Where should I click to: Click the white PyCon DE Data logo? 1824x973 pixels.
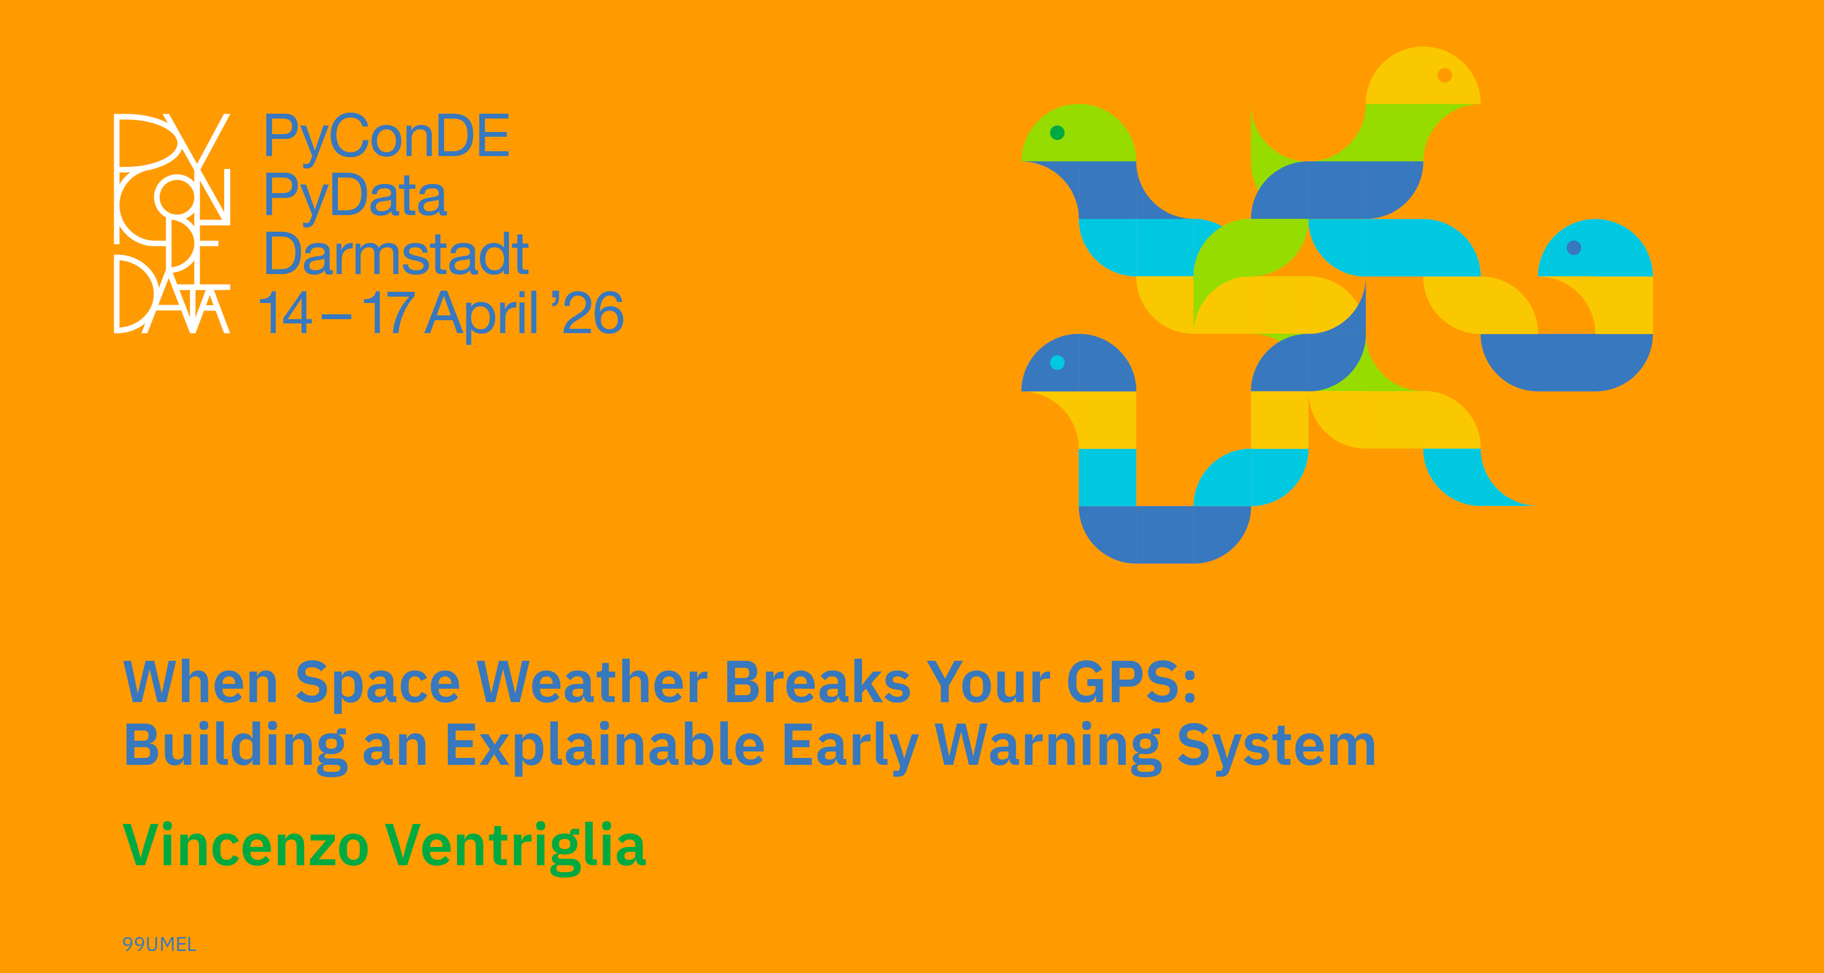(172, 223)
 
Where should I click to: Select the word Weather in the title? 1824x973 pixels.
(592, 682)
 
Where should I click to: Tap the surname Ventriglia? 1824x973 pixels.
(515, 847)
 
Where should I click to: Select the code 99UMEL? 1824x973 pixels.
(159, 944)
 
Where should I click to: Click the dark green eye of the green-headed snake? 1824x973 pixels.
(1057, 132)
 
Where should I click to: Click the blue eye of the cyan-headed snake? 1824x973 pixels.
(1574, 248)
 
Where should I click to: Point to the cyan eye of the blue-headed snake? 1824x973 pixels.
(1057, 363)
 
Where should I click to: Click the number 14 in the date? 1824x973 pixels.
(285, 312)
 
